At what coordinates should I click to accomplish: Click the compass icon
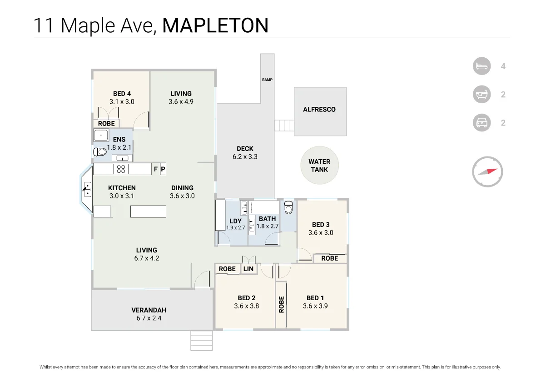pyautogui.click(x=487, y=172)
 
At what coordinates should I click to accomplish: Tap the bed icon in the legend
pyautogui.click(x=482, y=66)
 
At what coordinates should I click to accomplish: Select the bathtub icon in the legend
pyautogui.click(x=482, y=95)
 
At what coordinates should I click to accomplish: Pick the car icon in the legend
pyautogui.click(x=482, y=123)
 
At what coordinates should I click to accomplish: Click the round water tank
pyautogui.click(x=319, y=166)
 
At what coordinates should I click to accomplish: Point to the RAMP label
pyautogui.click(x=267, y=80)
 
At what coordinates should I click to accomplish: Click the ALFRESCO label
pyautogui.click(x=319, y=109)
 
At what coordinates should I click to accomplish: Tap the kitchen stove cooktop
pyautogui.click(x=121, y=169)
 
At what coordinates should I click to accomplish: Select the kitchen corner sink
pyautogui.click(x=87, y=189)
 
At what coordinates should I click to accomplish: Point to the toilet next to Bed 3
pyautogui.click(x=288, y=208)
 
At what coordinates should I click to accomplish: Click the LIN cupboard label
pyautogui.click(x=248, y=269)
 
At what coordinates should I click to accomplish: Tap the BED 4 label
pyautogui.click(x=122, y=94)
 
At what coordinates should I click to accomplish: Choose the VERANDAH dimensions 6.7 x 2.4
pyautogui.click(x=149, y=318)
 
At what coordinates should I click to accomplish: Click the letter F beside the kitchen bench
pyautogui.click(x=156, y=169)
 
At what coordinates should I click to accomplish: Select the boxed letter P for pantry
pyautogui.click(x=163, y=169)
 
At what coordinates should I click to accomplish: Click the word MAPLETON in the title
pyautogui.click(x=215, y=25)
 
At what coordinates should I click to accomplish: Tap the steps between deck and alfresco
pyautogui.click(x=284, y=125)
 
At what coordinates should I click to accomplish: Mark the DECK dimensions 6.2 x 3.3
pyautogui.click(x=245, y=156)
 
